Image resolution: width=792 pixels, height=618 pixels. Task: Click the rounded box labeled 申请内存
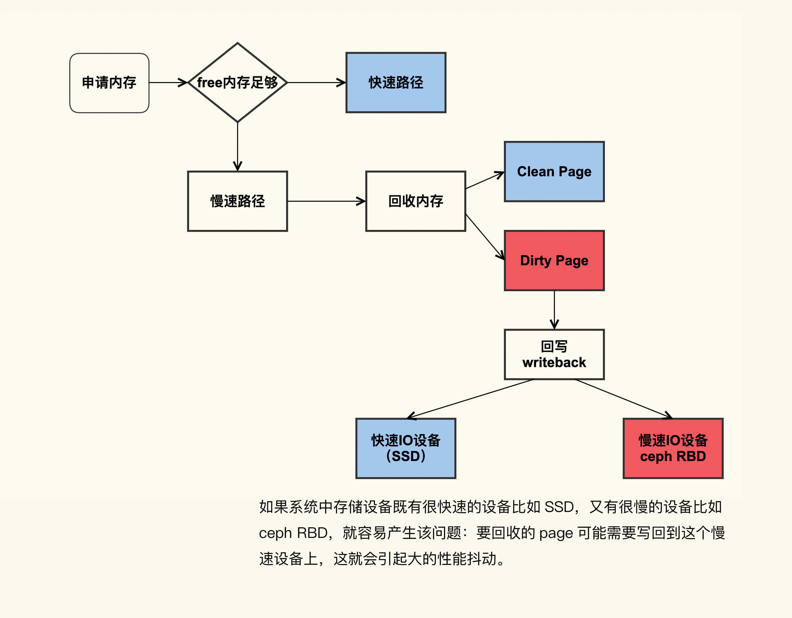coord(109,83)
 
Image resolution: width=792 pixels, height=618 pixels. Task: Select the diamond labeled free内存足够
coord(238,83)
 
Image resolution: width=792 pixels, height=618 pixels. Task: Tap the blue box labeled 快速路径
coord(396,83)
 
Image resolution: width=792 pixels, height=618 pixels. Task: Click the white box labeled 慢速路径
coord(238,201)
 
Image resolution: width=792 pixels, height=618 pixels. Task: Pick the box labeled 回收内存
coord(416,201)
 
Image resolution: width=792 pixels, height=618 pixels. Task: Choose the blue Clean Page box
coord(554,171)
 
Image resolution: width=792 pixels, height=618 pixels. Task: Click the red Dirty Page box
coord(554,261)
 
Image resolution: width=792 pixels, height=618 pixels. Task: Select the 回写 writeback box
coord(554,354)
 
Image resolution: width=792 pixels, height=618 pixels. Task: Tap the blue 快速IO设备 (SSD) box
coord(405,448)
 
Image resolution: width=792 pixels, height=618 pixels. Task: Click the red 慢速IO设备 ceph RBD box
coord(673,448)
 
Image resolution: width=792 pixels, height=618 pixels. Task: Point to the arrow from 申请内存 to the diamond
coord(168,83)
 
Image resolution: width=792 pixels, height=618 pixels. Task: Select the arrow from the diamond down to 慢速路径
coord(238,146)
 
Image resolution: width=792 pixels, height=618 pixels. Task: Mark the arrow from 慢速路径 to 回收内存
coord(326,201)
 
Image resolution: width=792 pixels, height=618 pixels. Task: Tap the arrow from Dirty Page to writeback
coord(554,310)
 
